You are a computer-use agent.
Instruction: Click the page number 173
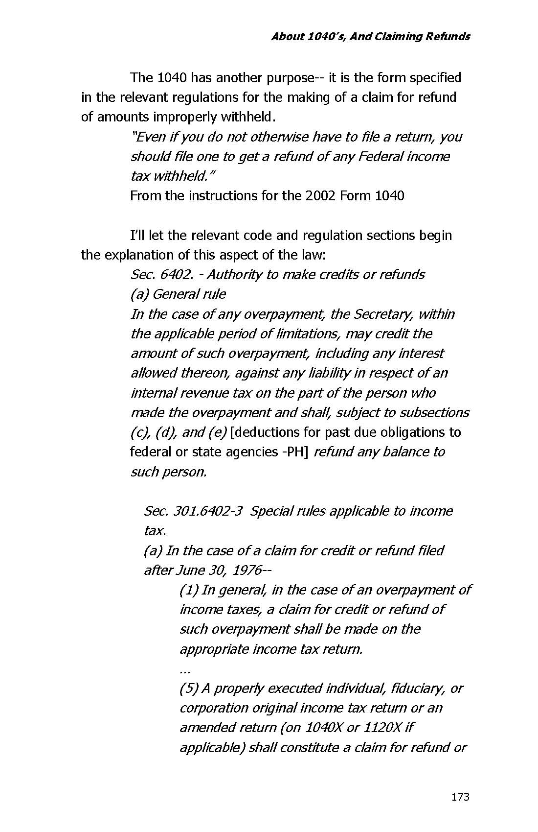click(460, 797)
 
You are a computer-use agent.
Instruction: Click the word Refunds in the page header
click(448, 36)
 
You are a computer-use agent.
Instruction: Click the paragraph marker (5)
click(189, 689)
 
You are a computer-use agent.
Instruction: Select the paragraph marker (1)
click(189, 590)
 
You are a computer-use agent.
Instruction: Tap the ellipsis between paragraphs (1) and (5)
click(184, 669)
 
